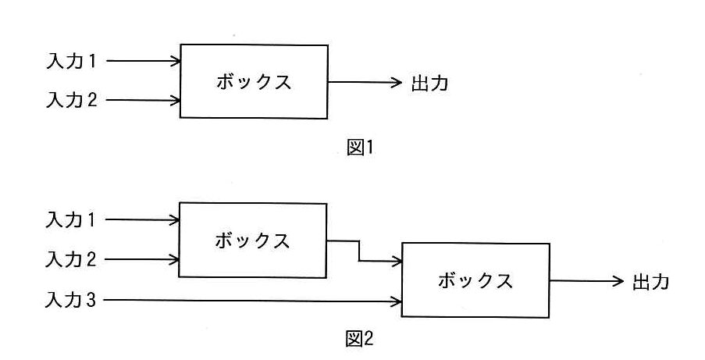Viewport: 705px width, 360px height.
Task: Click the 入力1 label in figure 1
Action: pos(71,61)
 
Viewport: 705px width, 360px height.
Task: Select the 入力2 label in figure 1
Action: pos(71,99)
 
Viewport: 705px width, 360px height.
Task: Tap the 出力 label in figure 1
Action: pos(430,84)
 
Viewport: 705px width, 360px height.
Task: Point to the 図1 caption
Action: pos(360,148)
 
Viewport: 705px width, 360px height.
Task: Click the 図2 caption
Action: pos(360,339)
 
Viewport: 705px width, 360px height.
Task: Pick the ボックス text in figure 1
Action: pos(254,82)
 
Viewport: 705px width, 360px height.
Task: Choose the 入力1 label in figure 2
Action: pos(70,220)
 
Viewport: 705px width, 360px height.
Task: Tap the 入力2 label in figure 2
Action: pos(70,259)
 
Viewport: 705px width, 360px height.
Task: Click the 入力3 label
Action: pos(70,300)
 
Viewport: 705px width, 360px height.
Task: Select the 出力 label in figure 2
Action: pos(651,282)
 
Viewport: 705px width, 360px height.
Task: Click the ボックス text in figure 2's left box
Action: pos(252,241)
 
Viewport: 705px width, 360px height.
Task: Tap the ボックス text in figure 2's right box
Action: pos(475,281)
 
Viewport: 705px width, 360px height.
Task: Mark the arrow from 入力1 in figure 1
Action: pos(144,61)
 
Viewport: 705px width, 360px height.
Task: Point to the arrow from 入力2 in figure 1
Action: pos(144,100)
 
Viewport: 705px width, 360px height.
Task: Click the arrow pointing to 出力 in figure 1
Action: pos(365,82)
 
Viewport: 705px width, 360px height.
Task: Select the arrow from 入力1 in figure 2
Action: pos(142,220)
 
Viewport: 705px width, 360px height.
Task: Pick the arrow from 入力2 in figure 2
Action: pos(142,259)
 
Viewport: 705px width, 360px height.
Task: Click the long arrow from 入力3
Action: pos(253,301)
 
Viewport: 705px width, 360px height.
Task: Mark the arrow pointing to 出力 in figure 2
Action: pos(587,281)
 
